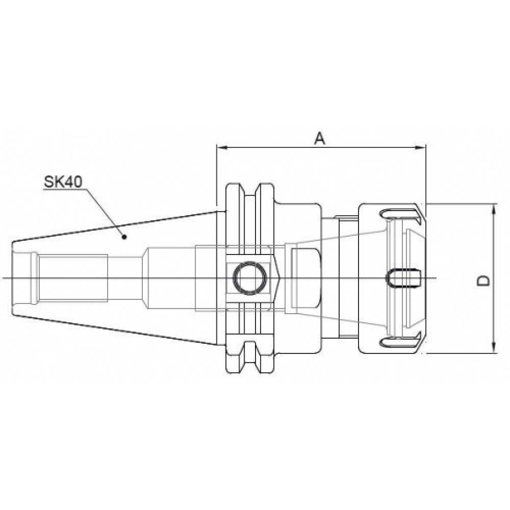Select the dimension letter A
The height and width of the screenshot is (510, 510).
coord(319,138)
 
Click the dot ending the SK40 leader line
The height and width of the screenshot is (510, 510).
coord(123,236)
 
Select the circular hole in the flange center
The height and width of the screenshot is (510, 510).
coord(249,278)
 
